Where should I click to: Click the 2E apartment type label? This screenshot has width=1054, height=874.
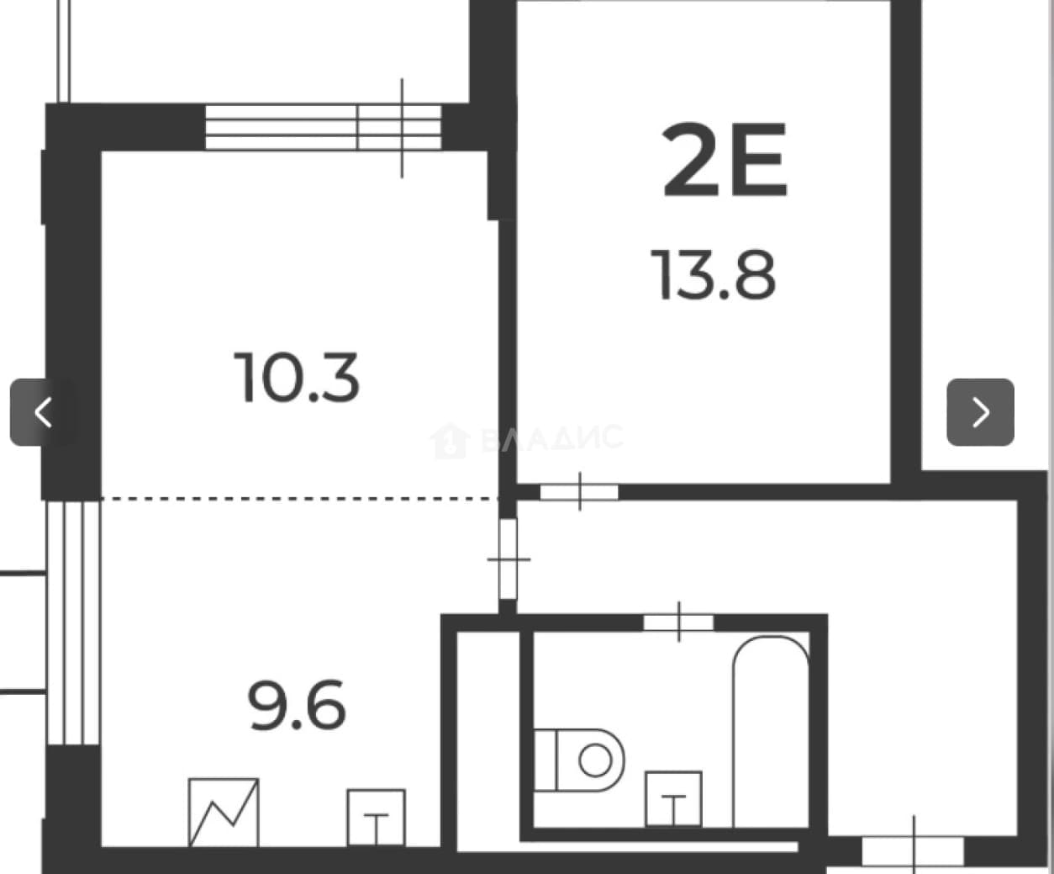coord(725,160)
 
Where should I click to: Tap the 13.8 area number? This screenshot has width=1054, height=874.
coord(714,275)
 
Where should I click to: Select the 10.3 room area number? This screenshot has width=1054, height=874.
coord(297,378)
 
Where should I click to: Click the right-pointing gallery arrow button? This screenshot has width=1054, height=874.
coord(980,412)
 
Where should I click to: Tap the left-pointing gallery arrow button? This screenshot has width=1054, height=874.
coord(44,412)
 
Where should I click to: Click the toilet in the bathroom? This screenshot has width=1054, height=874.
coord(579,760)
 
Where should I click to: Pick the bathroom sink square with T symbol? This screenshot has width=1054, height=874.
coord(673,799)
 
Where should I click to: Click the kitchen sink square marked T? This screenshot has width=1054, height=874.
coord(376,818)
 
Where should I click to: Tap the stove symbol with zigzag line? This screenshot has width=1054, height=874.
coord(224,813)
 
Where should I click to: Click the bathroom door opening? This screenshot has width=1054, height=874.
coord(678,622)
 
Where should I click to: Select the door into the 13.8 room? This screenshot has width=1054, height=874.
coord(579,491)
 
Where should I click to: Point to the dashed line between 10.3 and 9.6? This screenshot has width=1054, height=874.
coord(300,499)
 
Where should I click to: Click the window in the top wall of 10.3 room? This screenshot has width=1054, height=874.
coord(324,127)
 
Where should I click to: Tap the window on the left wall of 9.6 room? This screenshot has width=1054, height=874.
coord(73,622)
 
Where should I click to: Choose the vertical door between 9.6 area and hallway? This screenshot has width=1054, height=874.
coord(509,559)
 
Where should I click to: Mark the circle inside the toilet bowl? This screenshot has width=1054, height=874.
coord(595,760)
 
